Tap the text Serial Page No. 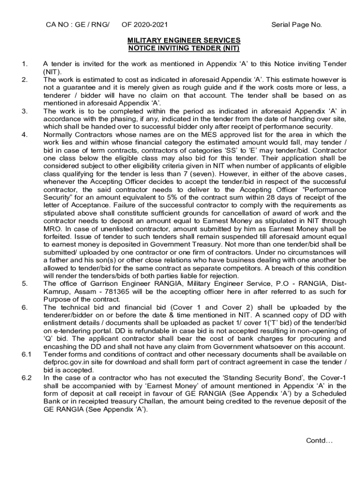296,25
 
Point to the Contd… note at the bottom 319,440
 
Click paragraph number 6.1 26,354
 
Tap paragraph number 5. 25,283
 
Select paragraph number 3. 25,111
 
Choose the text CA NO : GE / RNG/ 77,25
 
